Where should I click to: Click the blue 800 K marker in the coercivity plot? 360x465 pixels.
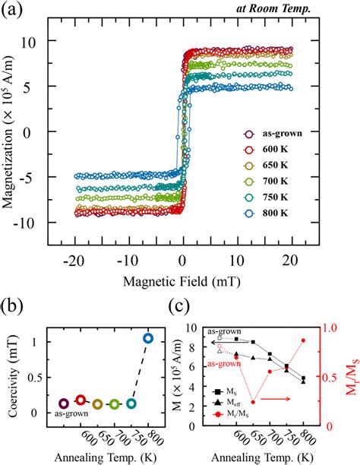coord(149,338)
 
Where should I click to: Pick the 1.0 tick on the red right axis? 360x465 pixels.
coord(327,329)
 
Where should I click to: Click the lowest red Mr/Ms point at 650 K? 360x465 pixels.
coord(253,402)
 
